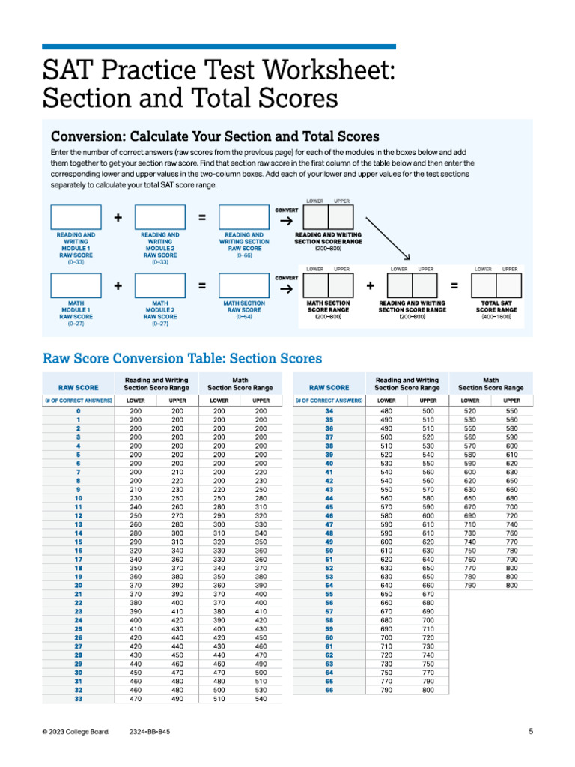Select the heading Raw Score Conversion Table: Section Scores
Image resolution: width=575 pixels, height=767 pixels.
[x=183, y=358]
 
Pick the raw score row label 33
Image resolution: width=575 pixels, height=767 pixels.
[x=78, y=699]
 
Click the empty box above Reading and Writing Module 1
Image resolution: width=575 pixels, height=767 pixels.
[x=76, y=216]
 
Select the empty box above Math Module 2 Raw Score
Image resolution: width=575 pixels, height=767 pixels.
[x=159, y=286]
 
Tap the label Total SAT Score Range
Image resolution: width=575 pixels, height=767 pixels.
[x=496, y=306]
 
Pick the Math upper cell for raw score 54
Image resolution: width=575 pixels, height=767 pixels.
[x=511, y=584]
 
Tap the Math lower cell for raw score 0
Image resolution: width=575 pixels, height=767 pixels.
[x=219, y=411]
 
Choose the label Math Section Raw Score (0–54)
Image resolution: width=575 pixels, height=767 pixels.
[x=243, y=310]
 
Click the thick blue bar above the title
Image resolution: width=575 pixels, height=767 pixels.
[x=219, y=46]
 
